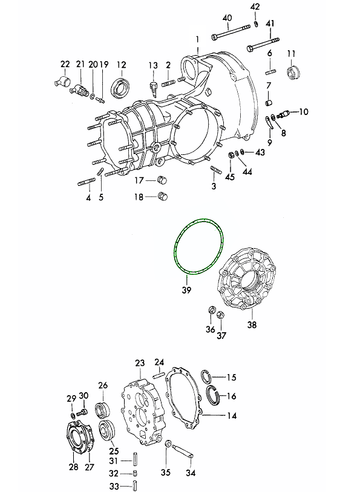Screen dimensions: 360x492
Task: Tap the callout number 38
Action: pyautogui.click(x=252, y=324)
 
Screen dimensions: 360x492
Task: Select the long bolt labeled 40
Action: pyautogui.click(x=231, y=32)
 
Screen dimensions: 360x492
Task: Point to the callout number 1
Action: pyautogui.click(x=198, y=39)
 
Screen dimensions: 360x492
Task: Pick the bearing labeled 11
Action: pyautogui.click(x=293, y=72)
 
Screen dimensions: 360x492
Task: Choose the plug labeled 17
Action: pyautogui.click(x=162, y=180)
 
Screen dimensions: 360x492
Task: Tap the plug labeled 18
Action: pyautogui.click(x=163, y=197)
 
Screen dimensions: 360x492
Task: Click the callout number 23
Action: pyautogui.click(x=140, y=363)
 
